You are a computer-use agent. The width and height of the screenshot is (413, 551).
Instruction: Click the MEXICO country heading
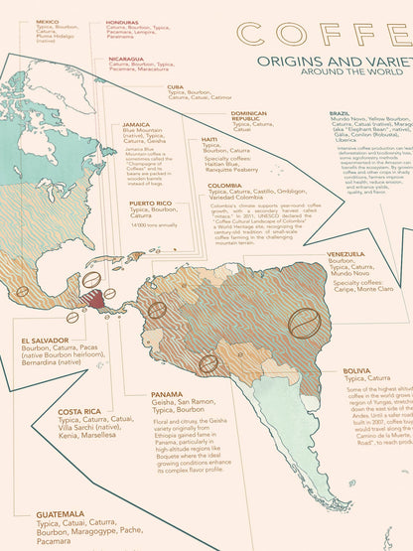pyautogui.click(x=47, y=21)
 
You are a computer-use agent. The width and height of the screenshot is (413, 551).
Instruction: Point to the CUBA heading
pyautogui.click(x=177, y=86)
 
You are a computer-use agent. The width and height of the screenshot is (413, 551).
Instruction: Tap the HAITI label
pyautogui.click(x=209, y=139)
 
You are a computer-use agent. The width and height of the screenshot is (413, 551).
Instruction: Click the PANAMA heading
pyautogui.click(x=167, y=393)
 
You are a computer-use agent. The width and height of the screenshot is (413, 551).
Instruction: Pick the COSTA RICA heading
pyautogui.click(x=78, y=411)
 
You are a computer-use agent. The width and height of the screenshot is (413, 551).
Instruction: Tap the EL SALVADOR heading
pyautogui.click(x=44, y=340)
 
